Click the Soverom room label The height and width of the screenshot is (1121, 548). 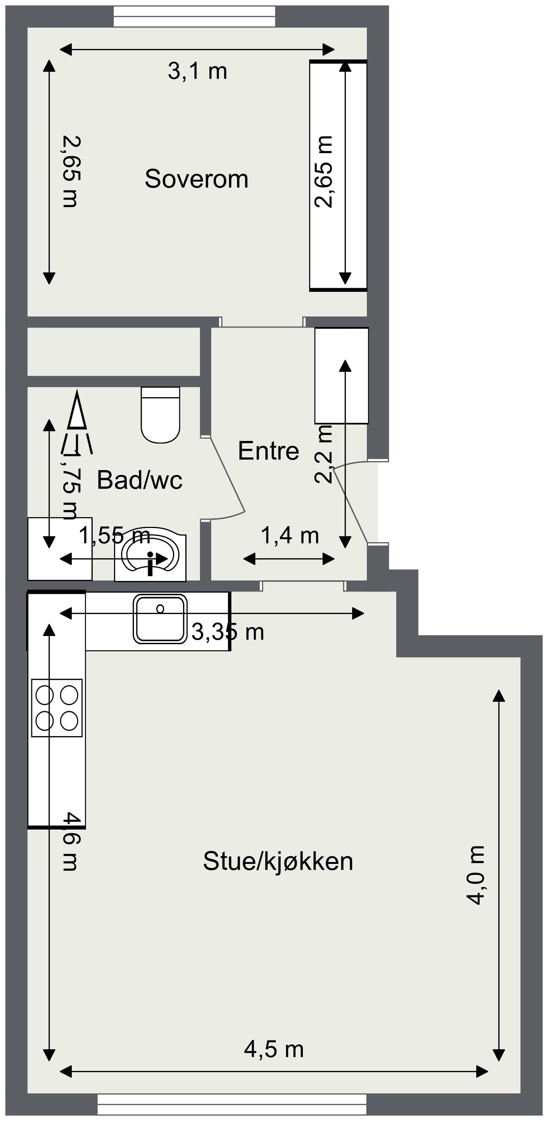point(196,179)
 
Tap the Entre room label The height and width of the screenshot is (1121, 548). point(268,451)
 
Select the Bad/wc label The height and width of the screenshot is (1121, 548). point(139,480)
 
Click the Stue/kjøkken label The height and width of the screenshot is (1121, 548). point(278,861)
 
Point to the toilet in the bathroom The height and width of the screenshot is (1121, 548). point(160,416)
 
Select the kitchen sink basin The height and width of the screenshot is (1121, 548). point(160,618)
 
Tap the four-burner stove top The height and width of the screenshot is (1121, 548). point(56,708)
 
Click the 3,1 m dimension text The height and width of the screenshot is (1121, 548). point(197,71)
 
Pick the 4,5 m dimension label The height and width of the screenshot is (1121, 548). point(274,1049)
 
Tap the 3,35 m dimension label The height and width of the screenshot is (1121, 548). point(228,632)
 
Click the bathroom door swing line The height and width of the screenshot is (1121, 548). point(227,474)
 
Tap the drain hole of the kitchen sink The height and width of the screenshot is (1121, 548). point(160,608)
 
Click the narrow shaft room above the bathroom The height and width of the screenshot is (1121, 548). point(113,352)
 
